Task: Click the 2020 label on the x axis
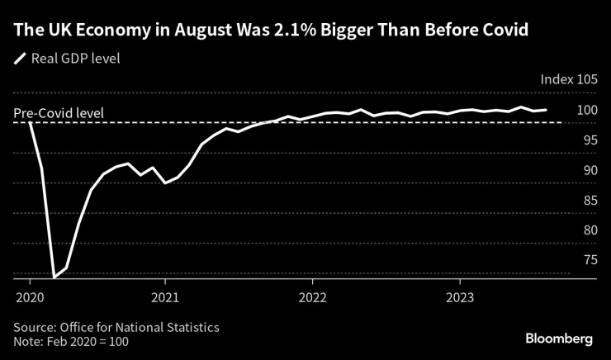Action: [x=30, y=296]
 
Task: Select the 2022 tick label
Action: [x=312, y=296]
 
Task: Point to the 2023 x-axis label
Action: [x=459, y=296]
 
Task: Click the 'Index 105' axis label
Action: [x=567, y=80]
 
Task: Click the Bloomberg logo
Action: [x=559, y=339]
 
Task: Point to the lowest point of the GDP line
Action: [x=54, y=277]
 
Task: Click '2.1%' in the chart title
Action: [x=263, y=31]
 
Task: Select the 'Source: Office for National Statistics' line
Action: [x=116, y=327]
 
